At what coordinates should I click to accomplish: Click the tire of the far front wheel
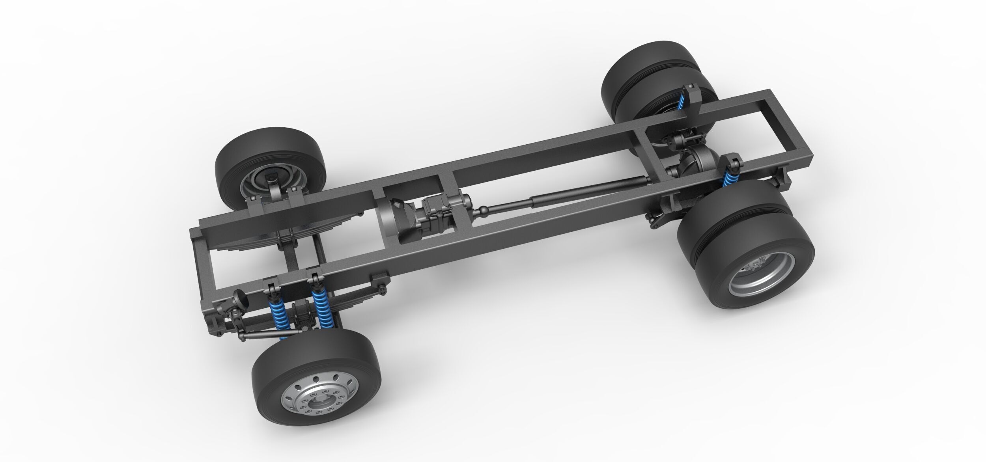pyautogui.click(x=237, y=158)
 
